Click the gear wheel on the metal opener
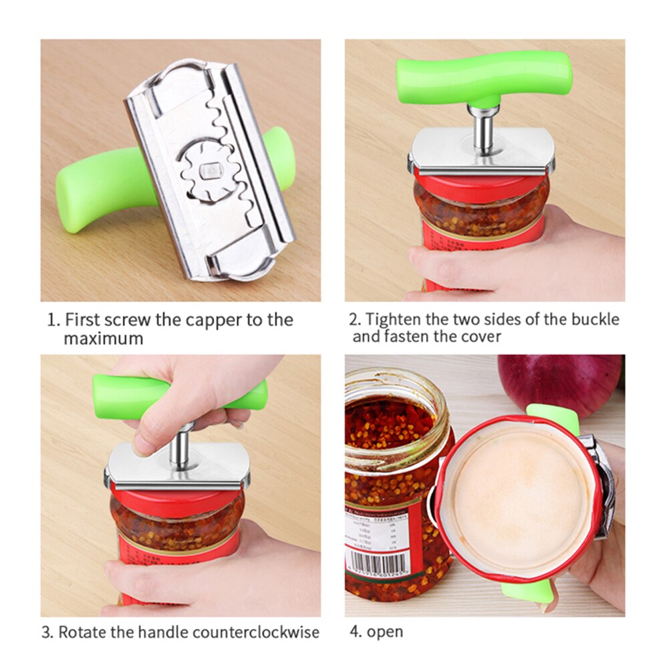pyautogui.click(x=209, y=172)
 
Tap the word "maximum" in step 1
pyautogui.click(x=103, y=338)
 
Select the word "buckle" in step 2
pyautogui.click(x=594, y=319)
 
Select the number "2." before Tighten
pyautogui.click(x=355, y=319)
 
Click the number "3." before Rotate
pyautogui.click(x=49, y=632)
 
